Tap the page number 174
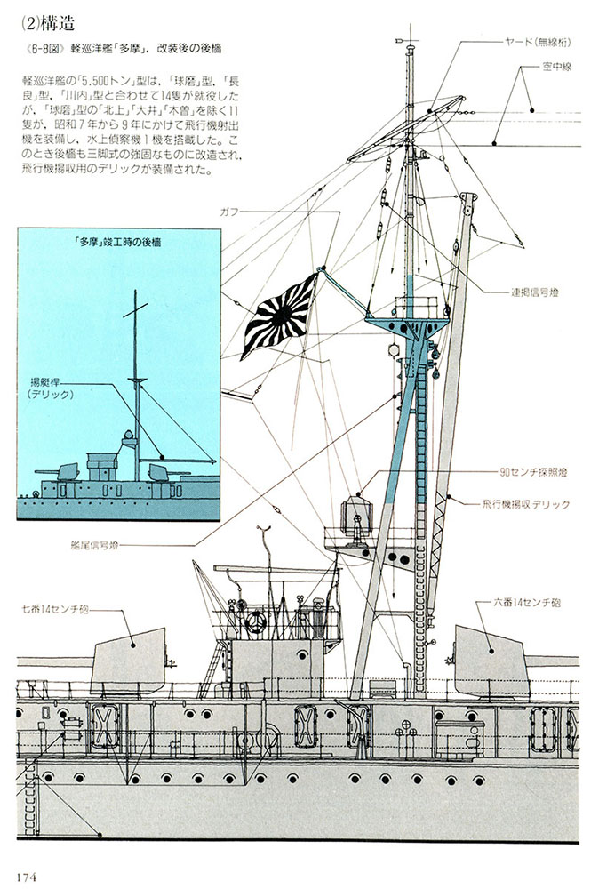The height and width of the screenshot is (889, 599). (28, 877)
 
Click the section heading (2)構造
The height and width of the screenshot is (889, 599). (48, 23)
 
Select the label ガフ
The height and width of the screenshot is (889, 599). (229, 212)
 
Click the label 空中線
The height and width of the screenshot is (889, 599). (556, 67)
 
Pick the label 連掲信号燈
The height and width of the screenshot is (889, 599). (534, 293)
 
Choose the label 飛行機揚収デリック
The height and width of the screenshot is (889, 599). (526, 504)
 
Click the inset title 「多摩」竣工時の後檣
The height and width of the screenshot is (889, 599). (117, 241)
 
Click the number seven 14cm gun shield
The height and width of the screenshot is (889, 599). (128, 661)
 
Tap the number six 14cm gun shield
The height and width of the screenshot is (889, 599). (489, 661)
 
